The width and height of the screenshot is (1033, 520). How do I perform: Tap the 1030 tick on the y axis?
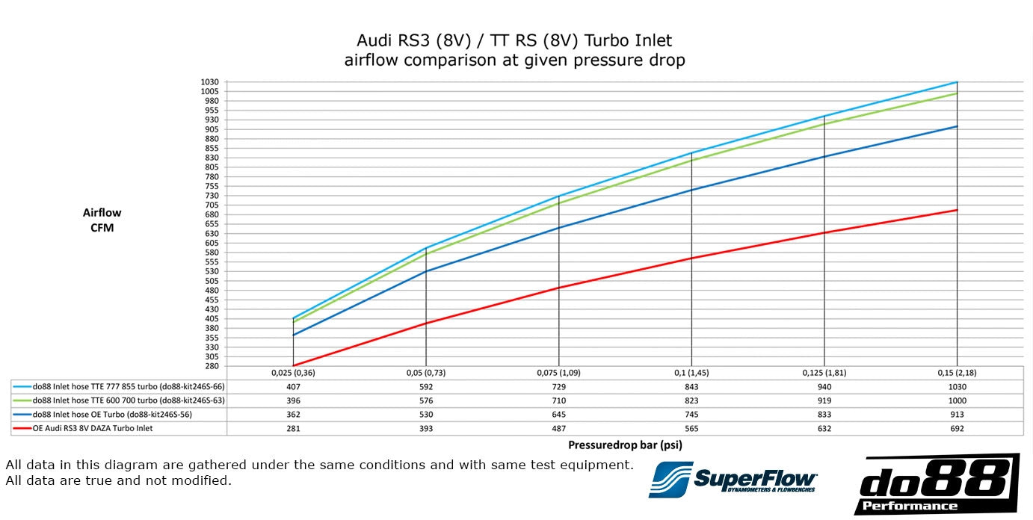(x=209, y=82)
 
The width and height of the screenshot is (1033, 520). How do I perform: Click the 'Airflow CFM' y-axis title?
(x=102, y=220)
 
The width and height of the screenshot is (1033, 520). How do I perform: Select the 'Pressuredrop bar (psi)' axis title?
(x=625, y=445)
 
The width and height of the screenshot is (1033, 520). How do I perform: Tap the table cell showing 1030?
(x=958, y=387)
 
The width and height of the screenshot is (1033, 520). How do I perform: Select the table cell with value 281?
(x=293, y=429)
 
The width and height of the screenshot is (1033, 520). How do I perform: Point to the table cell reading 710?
(x=558, y=401)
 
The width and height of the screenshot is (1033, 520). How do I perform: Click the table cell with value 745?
(x=691, y=415)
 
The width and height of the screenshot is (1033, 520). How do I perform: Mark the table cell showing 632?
(x=824, y=429)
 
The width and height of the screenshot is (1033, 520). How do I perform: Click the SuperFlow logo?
(x=733, y=479)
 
